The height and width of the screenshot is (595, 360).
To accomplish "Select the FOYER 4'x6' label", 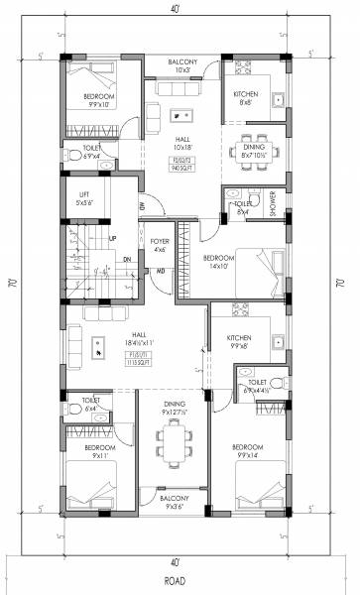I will [x=160, y=244].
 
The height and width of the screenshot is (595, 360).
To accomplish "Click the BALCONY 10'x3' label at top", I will [x=182, y=66].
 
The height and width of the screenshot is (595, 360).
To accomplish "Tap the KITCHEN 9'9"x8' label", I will [x=239, y=343].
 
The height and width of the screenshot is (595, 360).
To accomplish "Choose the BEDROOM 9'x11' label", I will [x=84, y=452].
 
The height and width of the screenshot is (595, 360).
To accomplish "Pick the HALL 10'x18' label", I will [x=181, y=143].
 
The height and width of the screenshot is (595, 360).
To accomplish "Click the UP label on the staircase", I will [x=112, y=239].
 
